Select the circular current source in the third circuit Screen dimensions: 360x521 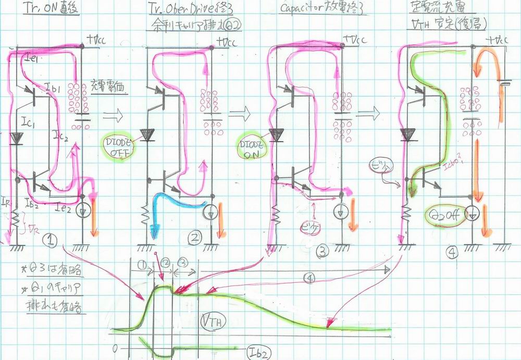[x=341, y=211]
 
